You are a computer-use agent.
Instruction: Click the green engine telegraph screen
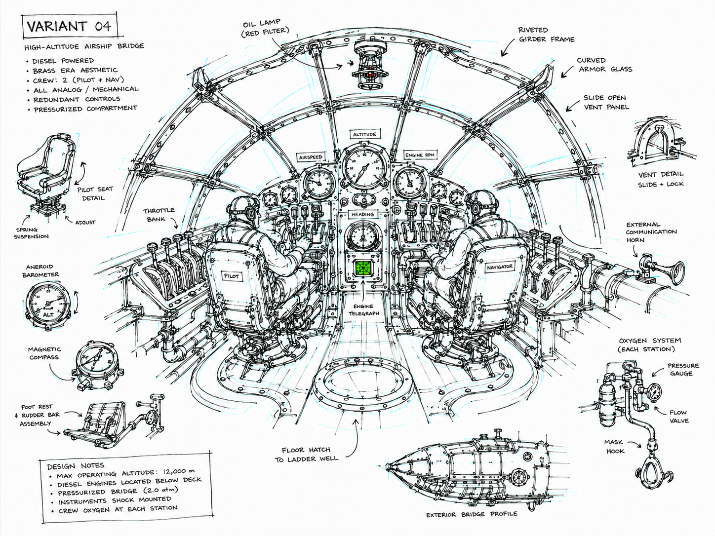363,268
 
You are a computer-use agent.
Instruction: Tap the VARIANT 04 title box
69,26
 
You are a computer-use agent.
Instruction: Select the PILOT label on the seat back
232,276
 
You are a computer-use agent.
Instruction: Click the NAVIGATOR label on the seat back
499,267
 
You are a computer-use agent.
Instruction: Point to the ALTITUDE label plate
364,134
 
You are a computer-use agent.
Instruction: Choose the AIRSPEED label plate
311,157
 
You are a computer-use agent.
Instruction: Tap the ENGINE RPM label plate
420,155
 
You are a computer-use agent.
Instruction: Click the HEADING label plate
362,215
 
